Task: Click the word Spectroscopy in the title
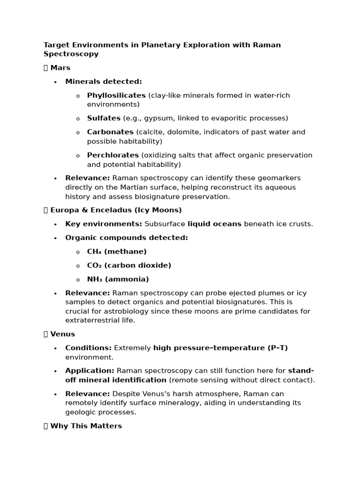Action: pyautogui.click(x=71, y=54)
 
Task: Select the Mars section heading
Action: pyautogui.click(x=60, y=68)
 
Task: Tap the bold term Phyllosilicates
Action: pyautogui.click(x=116, y=96)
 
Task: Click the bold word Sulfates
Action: pyautogui.click(x=104, y=119)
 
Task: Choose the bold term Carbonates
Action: pyautogui.click(x=110, y=132)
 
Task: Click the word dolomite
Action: pyautogui.click(x=180, y=132)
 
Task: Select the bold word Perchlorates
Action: pyautogui.click(x=112, y=155)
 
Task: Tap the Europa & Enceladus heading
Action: pyautogui.click(x=116, y=210)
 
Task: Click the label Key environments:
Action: pyautogui.click(x=104, y=224)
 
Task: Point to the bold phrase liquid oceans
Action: pyautogui.click(x=214, y=224)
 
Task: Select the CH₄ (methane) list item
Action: pyautogui.click(x=117, y=252)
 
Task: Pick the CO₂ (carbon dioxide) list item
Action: pyautogui.click(x=129, y=265)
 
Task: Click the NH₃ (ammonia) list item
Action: pyautogui.click(x=118, y=279)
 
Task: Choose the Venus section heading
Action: pyautogui.click(x=62, y=335)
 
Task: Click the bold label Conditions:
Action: pyautogui.click(x=88, y=348)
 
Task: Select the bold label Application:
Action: pyautogui.click(x=90, y=371)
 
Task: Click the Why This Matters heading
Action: pyautogui.click(x=86, y=427)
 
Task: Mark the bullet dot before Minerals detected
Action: pyautogui.click(x=55, y=82)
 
